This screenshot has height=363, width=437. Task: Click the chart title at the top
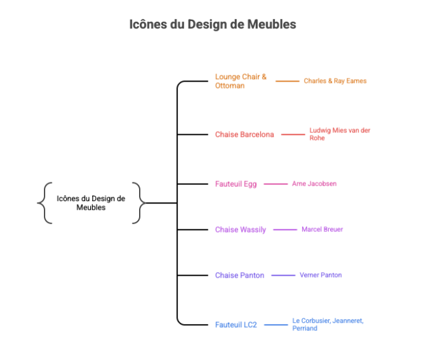tap(213, 25)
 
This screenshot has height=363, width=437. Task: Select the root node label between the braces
tap(91, 203)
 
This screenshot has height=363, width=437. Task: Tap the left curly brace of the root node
tap(43, 203)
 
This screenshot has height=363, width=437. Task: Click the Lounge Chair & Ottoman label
tap(240, 81)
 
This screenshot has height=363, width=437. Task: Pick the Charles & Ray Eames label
tap(335, 81)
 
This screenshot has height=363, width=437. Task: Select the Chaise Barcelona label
tap(244, 134)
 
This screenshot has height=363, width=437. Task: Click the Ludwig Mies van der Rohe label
tap(339, 134)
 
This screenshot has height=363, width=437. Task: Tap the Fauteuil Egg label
tap(235, 184)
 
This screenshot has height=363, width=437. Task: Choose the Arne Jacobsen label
tap(314, 184)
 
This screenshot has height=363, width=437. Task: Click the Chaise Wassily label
tap(240, 229)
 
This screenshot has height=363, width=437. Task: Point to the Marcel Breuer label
tap(322, 229)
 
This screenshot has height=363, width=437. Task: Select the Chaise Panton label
tap(239, 275)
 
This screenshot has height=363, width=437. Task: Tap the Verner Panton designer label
tap(320, 275)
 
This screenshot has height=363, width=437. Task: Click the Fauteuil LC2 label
tap(235, 325)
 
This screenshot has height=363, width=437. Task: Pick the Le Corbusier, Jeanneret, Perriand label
tap(328, 325)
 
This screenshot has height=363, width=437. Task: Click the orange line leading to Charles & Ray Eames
tap(287, 81)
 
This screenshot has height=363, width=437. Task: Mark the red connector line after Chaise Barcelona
tap(293, 134)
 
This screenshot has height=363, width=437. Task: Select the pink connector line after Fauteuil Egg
tap(276, 184)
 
